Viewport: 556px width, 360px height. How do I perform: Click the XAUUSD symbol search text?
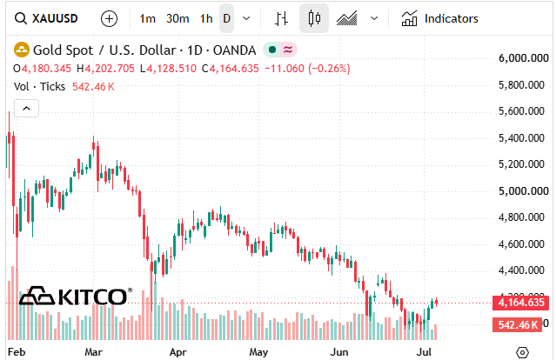55,18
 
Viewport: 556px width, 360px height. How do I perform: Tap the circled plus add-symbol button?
109,18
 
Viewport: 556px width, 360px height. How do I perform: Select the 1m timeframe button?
147,18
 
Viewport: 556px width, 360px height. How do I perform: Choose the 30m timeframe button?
178,18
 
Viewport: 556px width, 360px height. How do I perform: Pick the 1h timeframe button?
206,18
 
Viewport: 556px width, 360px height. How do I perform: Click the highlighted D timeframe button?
226,18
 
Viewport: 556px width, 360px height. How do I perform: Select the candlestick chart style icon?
314,18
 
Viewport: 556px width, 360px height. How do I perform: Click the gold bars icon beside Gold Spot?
22,50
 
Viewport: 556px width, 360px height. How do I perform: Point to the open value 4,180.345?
46,69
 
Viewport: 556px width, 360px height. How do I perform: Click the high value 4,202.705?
110,69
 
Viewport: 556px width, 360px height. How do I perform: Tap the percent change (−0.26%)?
329,69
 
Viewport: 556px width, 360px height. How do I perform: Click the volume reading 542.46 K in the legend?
93,87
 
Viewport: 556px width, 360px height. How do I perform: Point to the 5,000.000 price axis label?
524,191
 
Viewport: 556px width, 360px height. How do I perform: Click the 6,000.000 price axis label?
524,58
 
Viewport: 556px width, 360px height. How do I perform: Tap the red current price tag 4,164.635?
521,303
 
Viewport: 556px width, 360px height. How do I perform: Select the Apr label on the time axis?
178,352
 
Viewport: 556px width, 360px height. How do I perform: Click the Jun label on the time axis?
339,352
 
